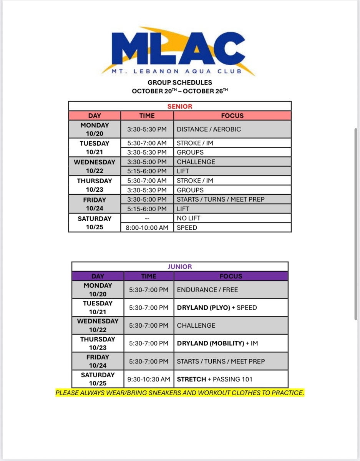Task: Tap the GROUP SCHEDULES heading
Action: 180,83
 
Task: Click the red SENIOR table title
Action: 180,106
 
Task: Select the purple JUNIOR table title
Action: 180,267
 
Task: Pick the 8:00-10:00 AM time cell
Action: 147,228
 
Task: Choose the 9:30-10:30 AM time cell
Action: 149,380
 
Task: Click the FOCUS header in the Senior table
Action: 232,116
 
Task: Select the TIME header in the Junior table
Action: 149,276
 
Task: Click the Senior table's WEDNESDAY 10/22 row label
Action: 95,166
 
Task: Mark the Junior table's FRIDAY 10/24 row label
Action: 98,361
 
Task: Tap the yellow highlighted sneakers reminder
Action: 180,393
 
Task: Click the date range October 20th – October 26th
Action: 180,91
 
